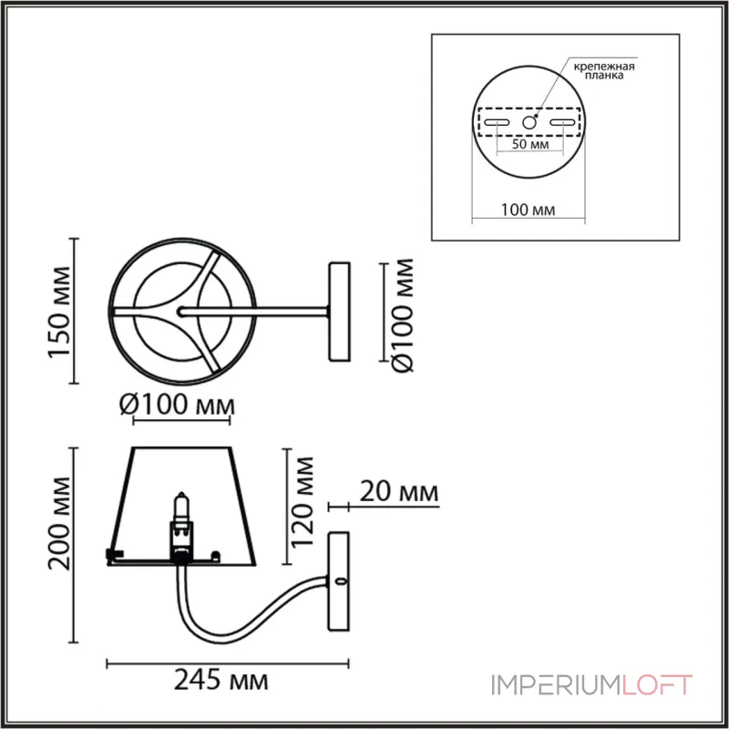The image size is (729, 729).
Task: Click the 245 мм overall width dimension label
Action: click(221, 681)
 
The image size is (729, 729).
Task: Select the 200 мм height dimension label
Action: click(60, 523)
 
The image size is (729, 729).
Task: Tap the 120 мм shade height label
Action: click(302, 502)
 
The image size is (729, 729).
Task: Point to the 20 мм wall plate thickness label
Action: click(399, 492)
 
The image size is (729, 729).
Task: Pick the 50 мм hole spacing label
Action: click(530, 144)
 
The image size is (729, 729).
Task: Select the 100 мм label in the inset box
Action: click(529, 210)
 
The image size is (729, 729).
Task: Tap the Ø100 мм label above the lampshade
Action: click(177, 405)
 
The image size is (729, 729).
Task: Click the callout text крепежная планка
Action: click(604, 71)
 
